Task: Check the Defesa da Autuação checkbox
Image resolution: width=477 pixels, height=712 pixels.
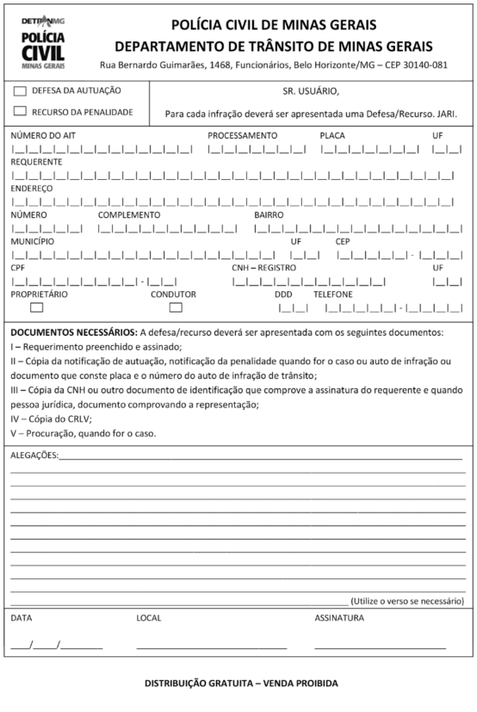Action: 20,90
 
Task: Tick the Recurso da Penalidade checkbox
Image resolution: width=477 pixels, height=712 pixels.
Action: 20,111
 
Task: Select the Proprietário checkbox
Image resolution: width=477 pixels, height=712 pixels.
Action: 37,307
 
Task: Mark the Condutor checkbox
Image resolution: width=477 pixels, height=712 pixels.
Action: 176,307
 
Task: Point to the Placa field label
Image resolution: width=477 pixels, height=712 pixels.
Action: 333,136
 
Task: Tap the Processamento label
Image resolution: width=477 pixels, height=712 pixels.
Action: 242,136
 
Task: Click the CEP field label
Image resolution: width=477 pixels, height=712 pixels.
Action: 344,242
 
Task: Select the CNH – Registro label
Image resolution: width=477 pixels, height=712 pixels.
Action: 263,268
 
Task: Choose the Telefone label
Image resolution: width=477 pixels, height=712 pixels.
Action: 333,294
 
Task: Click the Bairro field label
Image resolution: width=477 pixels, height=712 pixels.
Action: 269,215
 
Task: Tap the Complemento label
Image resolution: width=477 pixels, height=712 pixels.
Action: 129,215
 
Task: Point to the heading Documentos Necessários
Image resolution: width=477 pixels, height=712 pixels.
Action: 72,332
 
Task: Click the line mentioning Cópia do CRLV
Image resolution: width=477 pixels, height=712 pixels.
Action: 51,418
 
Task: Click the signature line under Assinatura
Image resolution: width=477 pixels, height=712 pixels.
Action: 380,647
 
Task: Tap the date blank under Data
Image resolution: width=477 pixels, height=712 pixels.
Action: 56,647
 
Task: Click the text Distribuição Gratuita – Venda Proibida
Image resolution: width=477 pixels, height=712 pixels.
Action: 241,684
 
